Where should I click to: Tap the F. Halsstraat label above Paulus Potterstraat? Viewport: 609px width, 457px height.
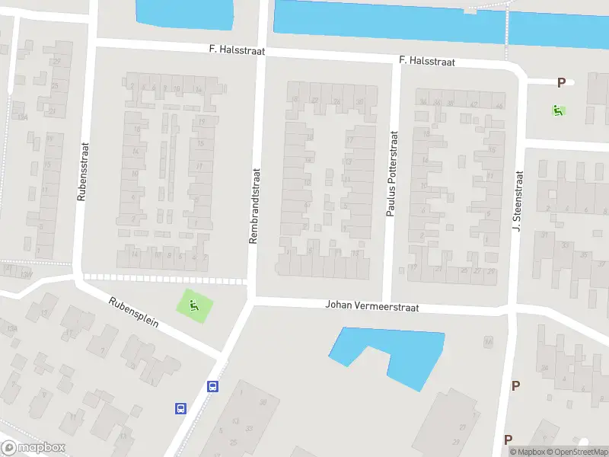427,61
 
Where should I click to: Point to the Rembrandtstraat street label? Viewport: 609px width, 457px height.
255,206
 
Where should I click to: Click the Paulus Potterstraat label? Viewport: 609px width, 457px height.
393,174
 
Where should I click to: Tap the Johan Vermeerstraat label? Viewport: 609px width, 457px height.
372,306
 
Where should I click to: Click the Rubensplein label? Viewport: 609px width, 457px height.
133,312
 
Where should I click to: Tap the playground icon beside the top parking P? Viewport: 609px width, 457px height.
559,110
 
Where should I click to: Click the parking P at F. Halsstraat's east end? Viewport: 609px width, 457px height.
562,83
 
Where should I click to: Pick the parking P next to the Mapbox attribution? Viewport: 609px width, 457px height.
508,439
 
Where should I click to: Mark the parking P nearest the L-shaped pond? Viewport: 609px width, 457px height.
515,385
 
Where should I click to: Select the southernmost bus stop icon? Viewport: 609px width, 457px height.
181,408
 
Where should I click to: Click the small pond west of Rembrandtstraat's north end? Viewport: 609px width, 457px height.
184,12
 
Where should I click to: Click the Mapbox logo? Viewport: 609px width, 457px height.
33,448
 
